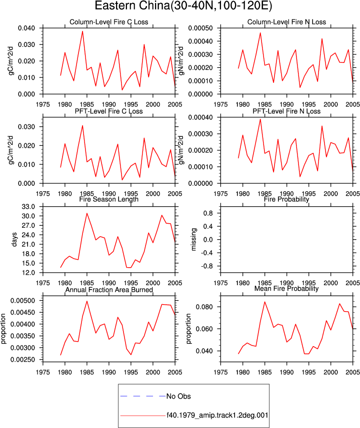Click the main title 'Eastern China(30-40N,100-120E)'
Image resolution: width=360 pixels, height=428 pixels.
[x=183, y=5]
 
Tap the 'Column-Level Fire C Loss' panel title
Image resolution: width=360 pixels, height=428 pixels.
[x=109, y=22]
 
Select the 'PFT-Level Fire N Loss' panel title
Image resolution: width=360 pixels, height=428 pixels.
[x=286, y=111]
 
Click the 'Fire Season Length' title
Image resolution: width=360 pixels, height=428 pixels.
[x=109, y=199]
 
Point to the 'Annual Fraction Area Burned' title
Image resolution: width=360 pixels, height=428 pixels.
[x=109, y=290]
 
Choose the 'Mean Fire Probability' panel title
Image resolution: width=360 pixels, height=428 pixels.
[x=286, y=289]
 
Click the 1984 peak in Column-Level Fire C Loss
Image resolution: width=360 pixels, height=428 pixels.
[x=82, y=31]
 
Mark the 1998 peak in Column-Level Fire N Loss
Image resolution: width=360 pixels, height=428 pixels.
[x=322, y=39]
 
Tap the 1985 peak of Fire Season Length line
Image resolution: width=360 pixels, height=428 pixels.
[x=87, y=213]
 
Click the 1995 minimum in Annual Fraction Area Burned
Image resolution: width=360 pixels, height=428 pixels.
[x=131, y=355]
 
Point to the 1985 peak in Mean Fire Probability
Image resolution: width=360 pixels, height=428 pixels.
[x=264, y=302]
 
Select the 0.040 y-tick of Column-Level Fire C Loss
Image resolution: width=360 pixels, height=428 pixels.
[x=26, y=28]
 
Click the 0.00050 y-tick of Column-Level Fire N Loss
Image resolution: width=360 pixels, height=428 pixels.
[x=200, y=28]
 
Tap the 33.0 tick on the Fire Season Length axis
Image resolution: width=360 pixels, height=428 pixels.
[x=28, y=207]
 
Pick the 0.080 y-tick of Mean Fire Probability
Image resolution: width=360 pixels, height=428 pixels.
[x=204, y=307]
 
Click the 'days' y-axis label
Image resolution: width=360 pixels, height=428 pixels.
[x=14, y=239]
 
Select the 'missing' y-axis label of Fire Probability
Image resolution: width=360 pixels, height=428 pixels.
[x=193, y=239]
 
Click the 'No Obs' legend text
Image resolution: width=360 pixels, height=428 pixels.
[x=178, y=396]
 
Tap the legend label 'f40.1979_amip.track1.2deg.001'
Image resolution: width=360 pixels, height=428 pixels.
[x=217, y=416]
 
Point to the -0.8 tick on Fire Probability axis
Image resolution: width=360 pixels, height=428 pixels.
[x=207, y=266]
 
